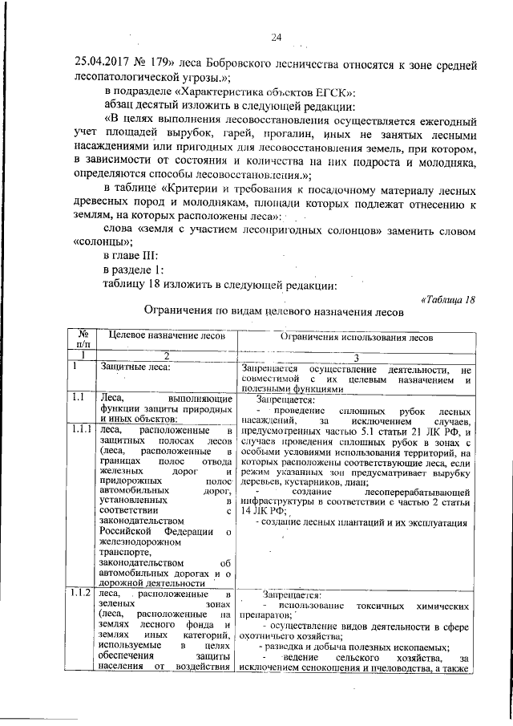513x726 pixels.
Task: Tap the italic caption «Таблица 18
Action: coord(448,300)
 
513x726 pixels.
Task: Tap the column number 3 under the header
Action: coord(355,355)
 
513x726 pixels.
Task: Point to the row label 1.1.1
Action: coord(81,429)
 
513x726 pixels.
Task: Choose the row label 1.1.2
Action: coord(81,594)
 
